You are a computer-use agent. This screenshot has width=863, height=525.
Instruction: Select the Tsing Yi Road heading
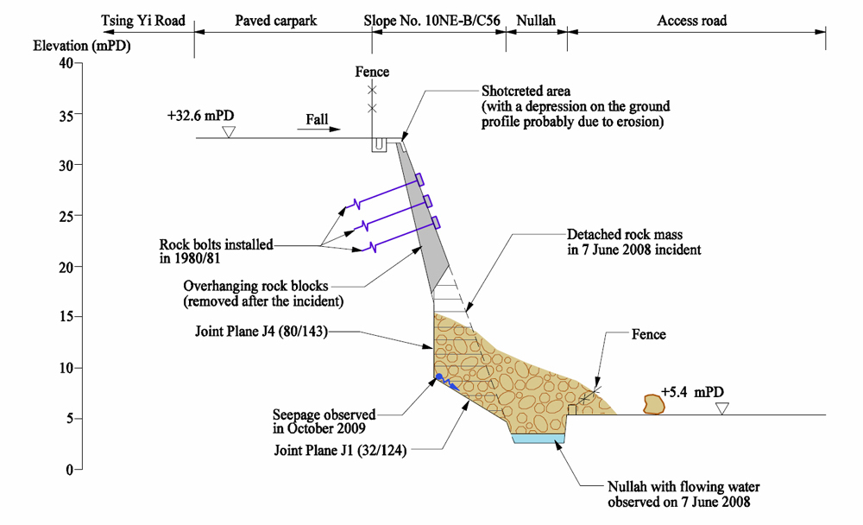(x=143, y=20)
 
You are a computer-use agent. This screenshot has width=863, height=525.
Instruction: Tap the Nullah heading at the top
(x=537, y=20)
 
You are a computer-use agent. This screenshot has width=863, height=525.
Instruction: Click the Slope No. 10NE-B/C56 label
(x=435, y=20)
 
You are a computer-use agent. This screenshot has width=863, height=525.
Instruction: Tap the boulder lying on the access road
(x=654, y=403)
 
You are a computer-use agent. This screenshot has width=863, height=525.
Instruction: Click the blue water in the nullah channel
(x=539, y=439)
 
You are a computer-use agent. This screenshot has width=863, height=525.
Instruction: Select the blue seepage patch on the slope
(x=442, y=378)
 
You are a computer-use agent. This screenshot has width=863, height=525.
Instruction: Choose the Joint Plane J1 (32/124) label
(x=340, y=450)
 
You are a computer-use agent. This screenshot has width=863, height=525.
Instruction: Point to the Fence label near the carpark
(x=372, y=72)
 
